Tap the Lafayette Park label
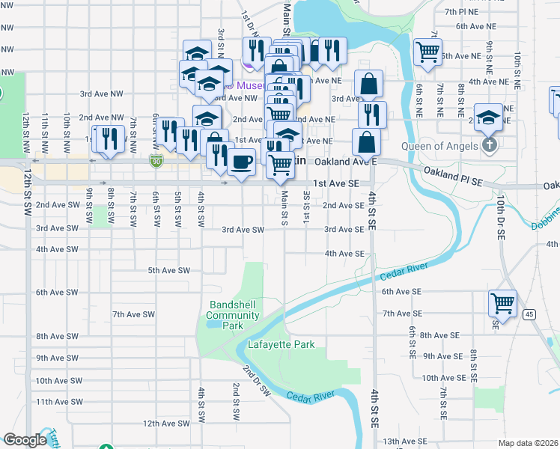pos(281,344)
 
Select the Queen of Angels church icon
pos(490,144)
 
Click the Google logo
pos(25,440)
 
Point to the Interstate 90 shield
pos(156,160)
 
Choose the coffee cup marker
pos(240,162)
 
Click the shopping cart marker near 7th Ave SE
pos(502,303)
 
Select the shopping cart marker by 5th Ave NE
pos(427,51)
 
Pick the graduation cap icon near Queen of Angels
pos(487,117)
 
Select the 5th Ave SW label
pos(169,270)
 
